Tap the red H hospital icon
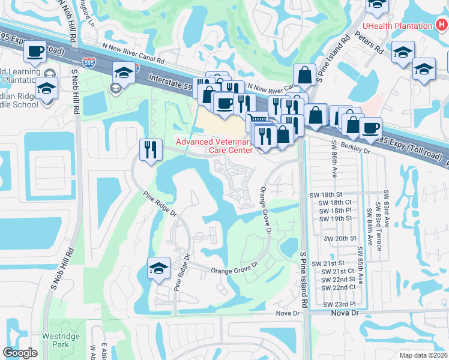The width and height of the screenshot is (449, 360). coord(441,26)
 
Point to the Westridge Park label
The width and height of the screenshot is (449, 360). coord(61,340)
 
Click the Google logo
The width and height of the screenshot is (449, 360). coord(20,353)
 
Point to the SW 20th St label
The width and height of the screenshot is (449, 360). coord(340,238)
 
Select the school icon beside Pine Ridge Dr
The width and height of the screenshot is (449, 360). coord(159,268)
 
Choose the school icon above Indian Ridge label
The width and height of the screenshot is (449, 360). coord(46,88)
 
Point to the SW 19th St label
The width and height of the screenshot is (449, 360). coord(335,219)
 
